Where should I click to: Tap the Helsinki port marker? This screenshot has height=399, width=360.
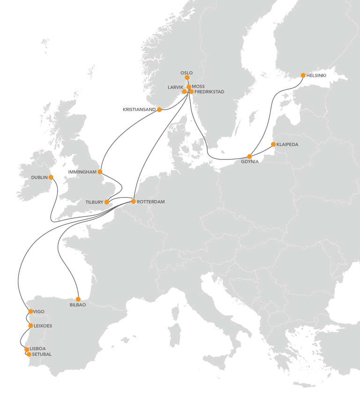tap(303, 75)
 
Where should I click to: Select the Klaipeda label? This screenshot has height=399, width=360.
tap(287, 144)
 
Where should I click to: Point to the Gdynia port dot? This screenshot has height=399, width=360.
tap(250, 156)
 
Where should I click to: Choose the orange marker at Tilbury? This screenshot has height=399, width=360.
tap(107, 202)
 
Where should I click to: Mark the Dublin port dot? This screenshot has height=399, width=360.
tap(51, 177)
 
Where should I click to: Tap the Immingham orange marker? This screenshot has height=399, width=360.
tap(100, 172)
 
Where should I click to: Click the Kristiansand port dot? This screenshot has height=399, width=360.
tap(159, 110)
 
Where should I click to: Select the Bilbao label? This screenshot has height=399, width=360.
tap(77, 305)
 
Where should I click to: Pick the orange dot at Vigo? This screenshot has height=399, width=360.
tap(30, 311)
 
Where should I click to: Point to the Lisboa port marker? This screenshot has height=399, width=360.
tap(27, 349)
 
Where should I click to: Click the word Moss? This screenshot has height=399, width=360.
tap(198, 87)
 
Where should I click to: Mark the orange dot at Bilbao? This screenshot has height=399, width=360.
tap(78, 299)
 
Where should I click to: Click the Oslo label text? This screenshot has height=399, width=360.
tap(187, 73)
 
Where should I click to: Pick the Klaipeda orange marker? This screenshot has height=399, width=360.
tap(273, 144)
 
